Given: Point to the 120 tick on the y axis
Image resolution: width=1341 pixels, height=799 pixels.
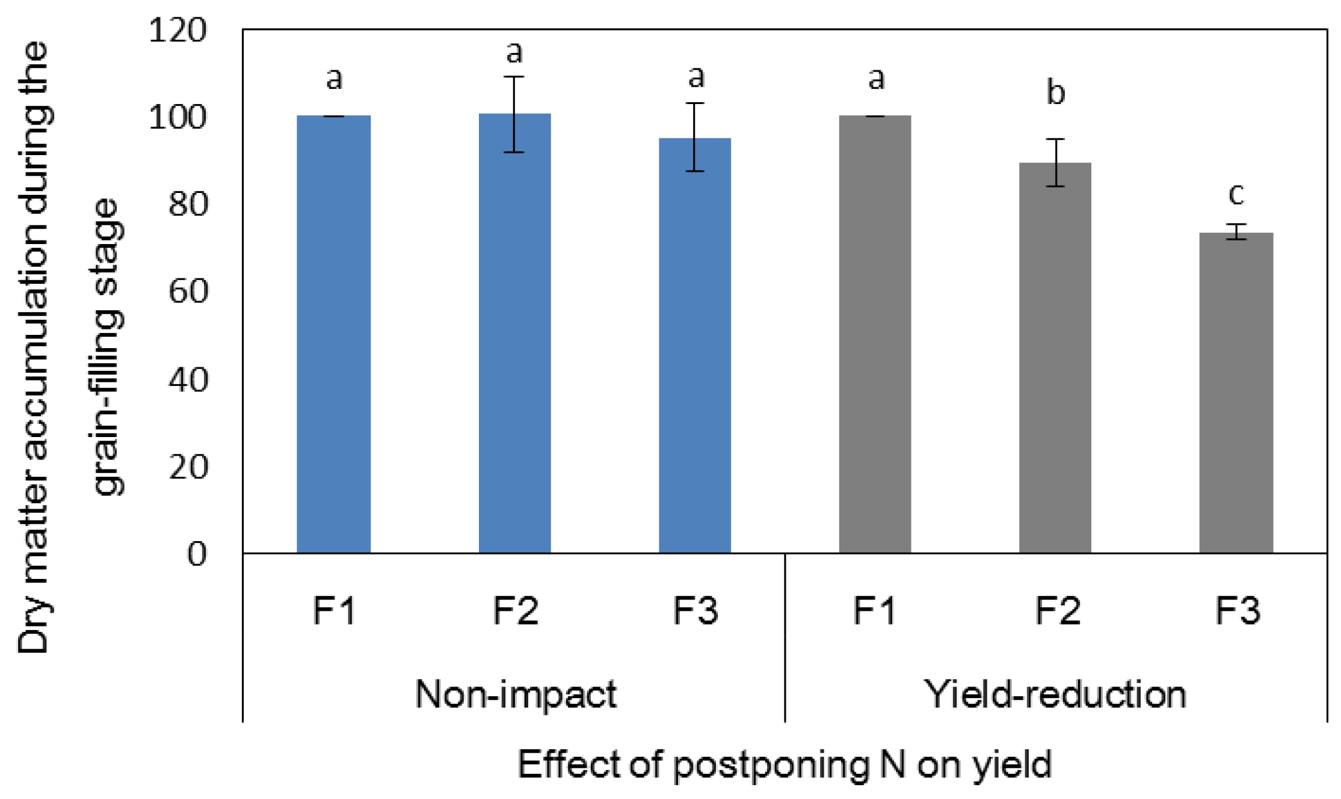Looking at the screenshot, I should [x=177, y=30].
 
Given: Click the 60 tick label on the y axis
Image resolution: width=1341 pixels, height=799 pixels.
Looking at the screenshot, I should [x=188, y=292].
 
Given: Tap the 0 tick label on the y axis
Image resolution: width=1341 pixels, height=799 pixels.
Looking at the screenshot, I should [x=197, y=554].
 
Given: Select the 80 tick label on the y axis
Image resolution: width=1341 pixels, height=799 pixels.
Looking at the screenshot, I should [x=188, y=204].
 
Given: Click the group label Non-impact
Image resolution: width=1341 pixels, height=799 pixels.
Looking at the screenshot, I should [x=516, y=694].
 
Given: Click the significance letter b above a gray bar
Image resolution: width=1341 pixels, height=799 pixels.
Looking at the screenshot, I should [x=1055, y=93].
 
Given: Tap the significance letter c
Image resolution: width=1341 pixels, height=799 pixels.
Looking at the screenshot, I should [x=1236, y=194].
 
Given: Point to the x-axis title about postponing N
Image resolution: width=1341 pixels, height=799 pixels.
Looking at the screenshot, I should [x=785, y=765].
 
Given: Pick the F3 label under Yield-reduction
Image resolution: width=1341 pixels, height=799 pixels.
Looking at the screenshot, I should [x=1237, y=611].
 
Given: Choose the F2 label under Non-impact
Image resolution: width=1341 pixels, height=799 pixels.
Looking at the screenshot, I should [x=515, y=611].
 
